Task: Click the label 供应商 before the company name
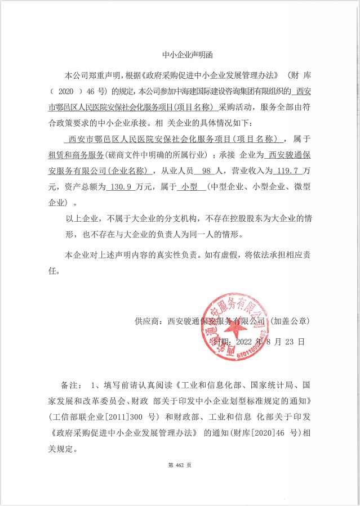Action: click(x=148, y=321)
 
